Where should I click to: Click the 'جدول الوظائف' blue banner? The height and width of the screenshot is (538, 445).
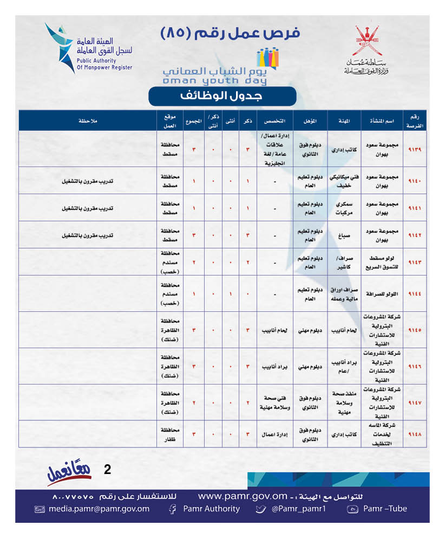click(x=222, y=96)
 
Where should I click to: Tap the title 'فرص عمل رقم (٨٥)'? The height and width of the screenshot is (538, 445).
click(x=231, y=33)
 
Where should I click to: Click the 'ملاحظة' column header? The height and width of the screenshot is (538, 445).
click(x=87, y=120)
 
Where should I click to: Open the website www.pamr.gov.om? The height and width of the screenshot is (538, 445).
click(x=242, y=496)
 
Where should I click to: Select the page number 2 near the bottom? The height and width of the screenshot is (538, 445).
click(x=107, y=470)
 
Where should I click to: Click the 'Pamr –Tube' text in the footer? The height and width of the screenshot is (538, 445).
click(x=385, y=509)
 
